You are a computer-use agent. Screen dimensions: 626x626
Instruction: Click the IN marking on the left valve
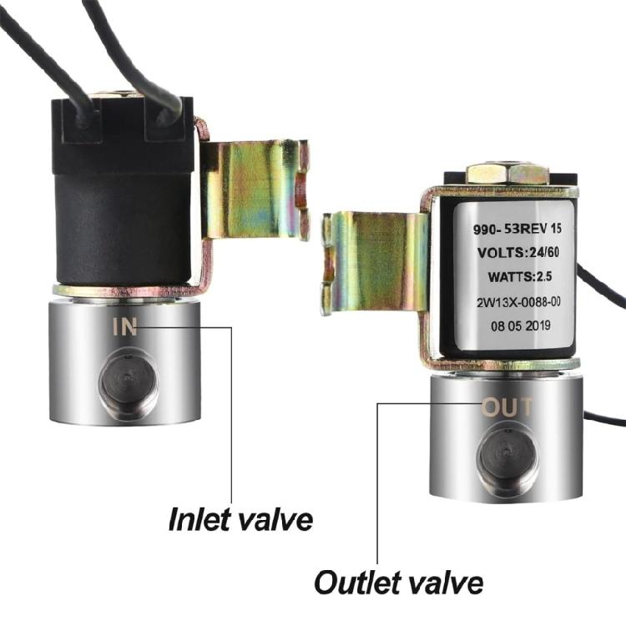pyautogui.click(x=125, y=326)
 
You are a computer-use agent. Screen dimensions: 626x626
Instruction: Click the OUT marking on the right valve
pyautogui.click(x=507, y=407)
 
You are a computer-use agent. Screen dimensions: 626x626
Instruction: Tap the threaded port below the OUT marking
pyautogui.click(x=507, y=457)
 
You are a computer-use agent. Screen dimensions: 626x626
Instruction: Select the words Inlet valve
pyautogui.click(x=240, y=519)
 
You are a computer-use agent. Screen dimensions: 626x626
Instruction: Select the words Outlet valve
pyautogui.click(x=398, y=583)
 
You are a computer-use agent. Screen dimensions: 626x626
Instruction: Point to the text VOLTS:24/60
pyautogui.click(x=517, y=252)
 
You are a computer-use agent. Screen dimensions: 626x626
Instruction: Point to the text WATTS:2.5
pyautogui.click(x=520, y=276)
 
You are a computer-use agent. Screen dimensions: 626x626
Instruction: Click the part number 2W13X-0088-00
pyautogui.click(x=518, y=302)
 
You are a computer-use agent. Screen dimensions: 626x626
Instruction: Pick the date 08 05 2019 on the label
pyautogui.click(x=521, y=326)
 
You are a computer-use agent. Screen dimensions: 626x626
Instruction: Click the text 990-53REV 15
pyautogui.click(x=517, y=229)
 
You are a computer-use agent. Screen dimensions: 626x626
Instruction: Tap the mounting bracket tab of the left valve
pyautogui.click(x=255, y=190)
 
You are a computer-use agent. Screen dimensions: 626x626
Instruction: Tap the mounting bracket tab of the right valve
pyautogui.click(x=376, y=264)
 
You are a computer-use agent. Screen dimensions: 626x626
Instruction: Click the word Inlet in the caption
pyautogui.click(x=196, y=519)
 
